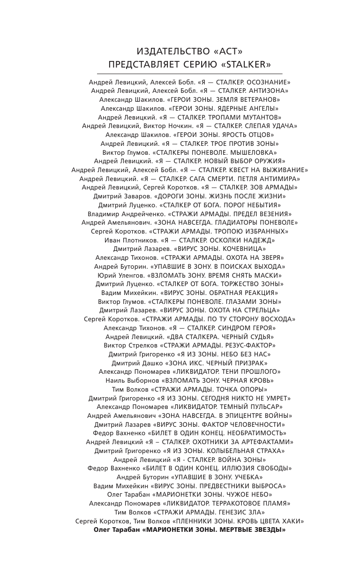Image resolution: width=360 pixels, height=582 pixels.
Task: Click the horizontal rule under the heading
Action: [189, 74]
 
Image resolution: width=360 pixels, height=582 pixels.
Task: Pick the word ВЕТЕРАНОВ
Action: [257, 99]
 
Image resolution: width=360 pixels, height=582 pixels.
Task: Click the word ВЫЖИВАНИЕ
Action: [283, 170]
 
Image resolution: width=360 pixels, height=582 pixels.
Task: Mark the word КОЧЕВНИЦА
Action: [243, 249]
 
